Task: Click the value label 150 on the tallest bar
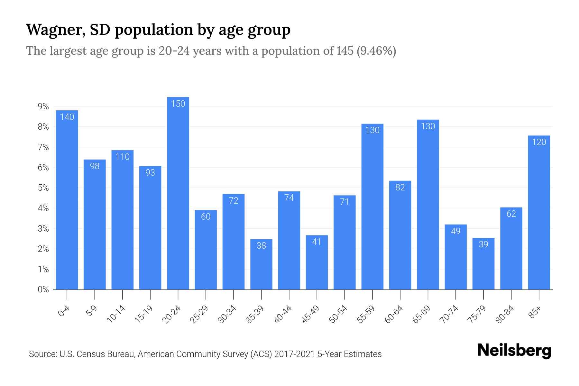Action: click(178, 104)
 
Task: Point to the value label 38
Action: click(261, 246)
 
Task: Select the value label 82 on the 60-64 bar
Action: click(400, 188)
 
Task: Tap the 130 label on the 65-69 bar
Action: click(428, 126)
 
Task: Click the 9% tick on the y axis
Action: click(43, 106)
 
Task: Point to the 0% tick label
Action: click(43, 289)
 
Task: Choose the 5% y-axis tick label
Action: click(43, 188)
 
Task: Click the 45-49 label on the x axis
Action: click(311, 314)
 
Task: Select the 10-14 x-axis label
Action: click(116, 314)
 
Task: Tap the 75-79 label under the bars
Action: click(477, 314)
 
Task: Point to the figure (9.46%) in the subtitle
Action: click(376, 51)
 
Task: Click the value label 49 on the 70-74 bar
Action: click(455, 231)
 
